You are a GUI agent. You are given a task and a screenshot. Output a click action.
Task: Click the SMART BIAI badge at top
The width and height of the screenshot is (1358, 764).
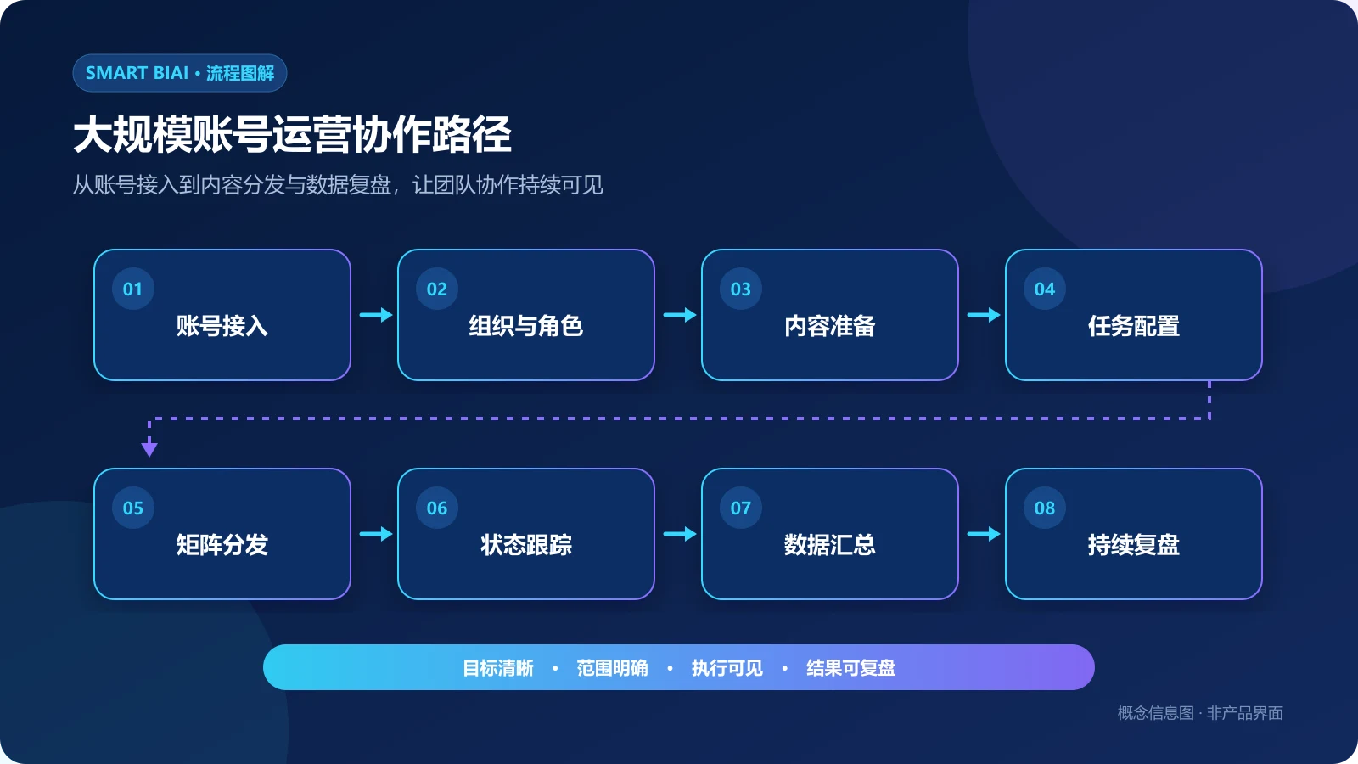(179, 73)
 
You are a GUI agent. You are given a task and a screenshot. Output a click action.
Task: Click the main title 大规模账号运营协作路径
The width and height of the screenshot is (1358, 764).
(292, 135)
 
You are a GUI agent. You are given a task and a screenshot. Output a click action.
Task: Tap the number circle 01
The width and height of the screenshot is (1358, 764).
(132, 289)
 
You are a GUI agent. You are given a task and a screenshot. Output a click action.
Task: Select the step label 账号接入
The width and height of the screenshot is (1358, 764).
(222, 326)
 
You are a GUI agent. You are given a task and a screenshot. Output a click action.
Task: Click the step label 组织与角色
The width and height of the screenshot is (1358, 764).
(525, 326)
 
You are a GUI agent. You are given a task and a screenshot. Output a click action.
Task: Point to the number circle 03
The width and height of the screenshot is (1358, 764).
(741, 289)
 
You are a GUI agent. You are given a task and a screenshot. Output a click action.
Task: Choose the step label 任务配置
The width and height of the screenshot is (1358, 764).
(1134, 326)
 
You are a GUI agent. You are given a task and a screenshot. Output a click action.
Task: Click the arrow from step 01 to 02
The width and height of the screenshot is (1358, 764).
(376, 315)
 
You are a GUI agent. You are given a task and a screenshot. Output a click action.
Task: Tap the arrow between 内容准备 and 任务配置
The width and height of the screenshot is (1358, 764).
(984, 315)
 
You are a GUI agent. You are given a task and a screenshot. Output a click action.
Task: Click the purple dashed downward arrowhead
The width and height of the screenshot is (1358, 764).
(149, 449)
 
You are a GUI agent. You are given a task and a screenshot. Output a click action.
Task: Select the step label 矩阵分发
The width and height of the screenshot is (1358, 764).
(222, 544)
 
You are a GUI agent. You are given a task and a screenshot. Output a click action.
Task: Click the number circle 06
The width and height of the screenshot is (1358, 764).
(437, 508)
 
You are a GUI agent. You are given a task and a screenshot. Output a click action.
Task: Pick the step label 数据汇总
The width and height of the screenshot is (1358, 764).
(830, 544)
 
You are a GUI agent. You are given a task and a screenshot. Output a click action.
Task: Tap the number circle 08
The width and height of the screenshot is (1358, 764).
(1045, 508)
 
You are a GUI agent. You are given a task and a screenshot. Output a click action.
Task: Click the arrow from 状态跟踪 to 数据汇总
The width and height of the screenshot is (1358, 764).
(680, 534)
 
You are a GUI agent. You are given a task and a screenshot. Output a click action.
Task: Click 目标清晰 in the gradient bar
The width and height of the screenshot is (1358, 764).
(498, 667)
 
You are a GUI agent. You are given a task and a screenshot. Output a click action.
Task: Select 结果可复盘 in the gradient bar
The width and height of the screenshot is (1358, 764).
(850, 667)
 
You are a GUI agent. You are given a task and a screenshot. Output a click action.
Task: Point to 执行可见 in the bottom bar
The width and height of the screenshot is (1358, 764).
(727, 667)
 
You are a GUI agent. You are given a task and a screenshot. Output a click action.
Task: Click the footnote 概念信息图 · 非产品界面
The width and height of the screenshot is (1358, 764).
(1200, 712)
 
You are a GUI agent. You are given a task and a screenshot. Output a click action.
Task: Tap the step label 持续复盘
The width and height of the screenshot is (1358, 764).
(1134, 544)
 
